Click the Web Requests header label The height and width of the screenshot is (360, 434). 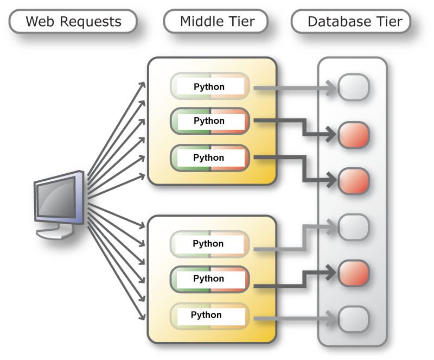click(x=73, y=22)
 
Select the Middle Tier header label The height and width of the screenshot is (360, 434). click(x=216, y=22)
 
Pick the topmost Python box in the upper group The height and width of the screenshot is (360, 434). click(x=210, y=86)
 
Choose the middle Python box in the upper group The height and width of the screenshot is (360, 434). click(x=210, y=121)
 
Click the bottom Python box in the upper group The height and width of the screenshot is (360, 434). click(x=210, y=158)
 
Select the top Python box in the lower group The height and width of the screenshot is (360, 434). click(x=209, y=244)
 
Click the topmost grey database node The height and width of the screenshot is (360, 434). click(x=354, y=87)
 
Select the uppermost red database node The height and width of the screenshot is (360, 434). click(x=354, y=135)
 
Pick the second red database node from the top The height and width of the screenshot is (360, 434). click(x=354, y=181)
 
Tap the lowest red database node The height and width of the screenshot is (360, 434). click(x=354, y=273)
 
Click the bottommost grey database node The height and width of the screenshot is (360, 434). click(x=354, y=317)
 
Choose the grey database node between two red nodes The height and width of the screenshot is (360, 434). click(x=354, y=227)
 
